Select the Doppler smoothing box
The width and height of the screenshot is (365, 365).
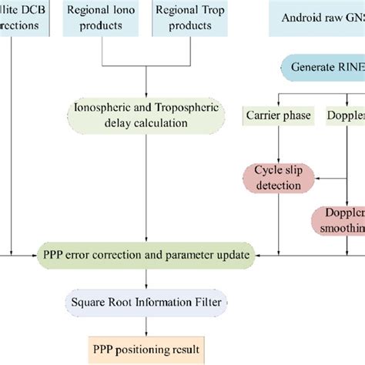click(x=339, y=219)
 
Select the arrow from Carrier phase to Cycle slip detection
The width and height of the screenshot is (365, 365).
click(x=275, y=146)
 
